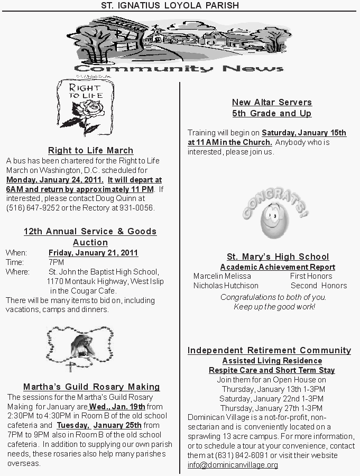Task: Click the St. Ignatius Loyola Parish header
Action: coord(170,5)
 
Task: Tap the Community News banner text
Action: coord(179,68)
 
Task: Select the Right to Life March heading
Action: coord(90,151)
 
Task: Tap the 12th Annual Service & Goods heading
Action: coord(90,231)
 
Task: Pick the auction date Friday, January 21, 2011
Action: coord(93,253)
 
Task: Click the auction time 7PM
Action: coord(56,262)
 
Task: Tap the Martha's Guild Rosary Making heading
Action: coord(91,387)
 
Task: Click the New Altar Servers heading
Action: coord(272,102)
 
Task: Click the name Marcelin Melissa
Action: coord(222,276)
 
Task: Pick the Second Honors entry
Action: coord(318,286)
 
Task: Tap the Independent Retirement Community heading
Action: coord(269,350)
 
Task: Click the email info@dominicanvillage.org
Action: coord(233,465)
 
